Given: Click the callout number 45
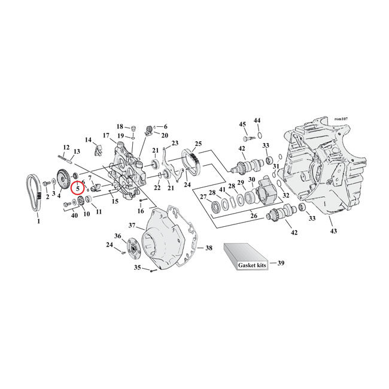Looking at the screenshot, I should tap(243, 124).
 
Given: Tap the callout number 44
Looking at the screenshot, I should tap(257, 120).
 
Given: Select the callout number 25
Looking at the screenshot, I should tap(197, 144).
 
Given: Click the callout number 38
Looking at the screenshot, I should tap(208, 248).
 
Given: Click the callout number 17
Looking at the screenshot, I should tap(105, 135).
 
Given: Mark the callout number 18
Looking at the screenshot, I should tap(120, 127).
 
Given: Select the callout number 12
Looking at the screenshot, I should tap(66, 147).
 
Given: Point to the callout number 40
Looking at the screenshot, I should tap(75, 215).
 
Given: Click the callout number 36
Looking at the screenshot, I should tap(118, 236).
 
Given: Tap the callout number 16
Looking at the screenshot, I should tap(141, 211).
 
